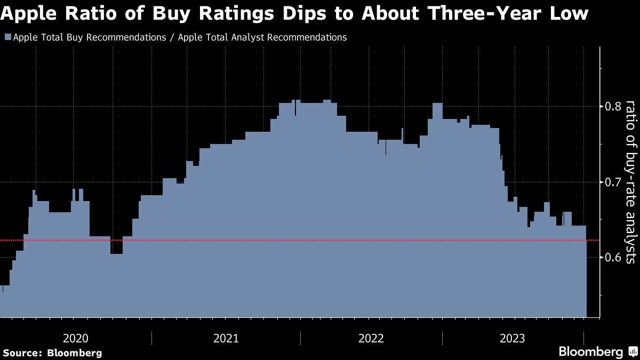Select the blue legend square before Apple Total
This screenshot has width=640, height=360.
click(x=7, y=37)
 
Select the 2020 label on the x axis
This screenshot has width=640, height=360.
click(x=76, y=338)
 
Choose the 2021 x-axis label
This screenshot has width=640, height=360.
click(x=226, y=338)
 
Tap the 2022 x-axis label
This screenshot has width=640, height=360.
click(x=371, y=338)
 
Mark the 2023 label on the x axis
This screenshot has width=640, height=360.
click(x=513, y=338)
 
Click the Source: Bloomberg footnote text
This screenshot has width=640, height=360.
click(x=52, y=353)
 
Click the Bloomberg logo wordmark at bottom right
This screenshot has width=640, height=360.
click(x=590, y=352)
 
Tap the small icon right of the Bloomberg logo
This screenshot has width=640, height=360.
click(x=633, y=352)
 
